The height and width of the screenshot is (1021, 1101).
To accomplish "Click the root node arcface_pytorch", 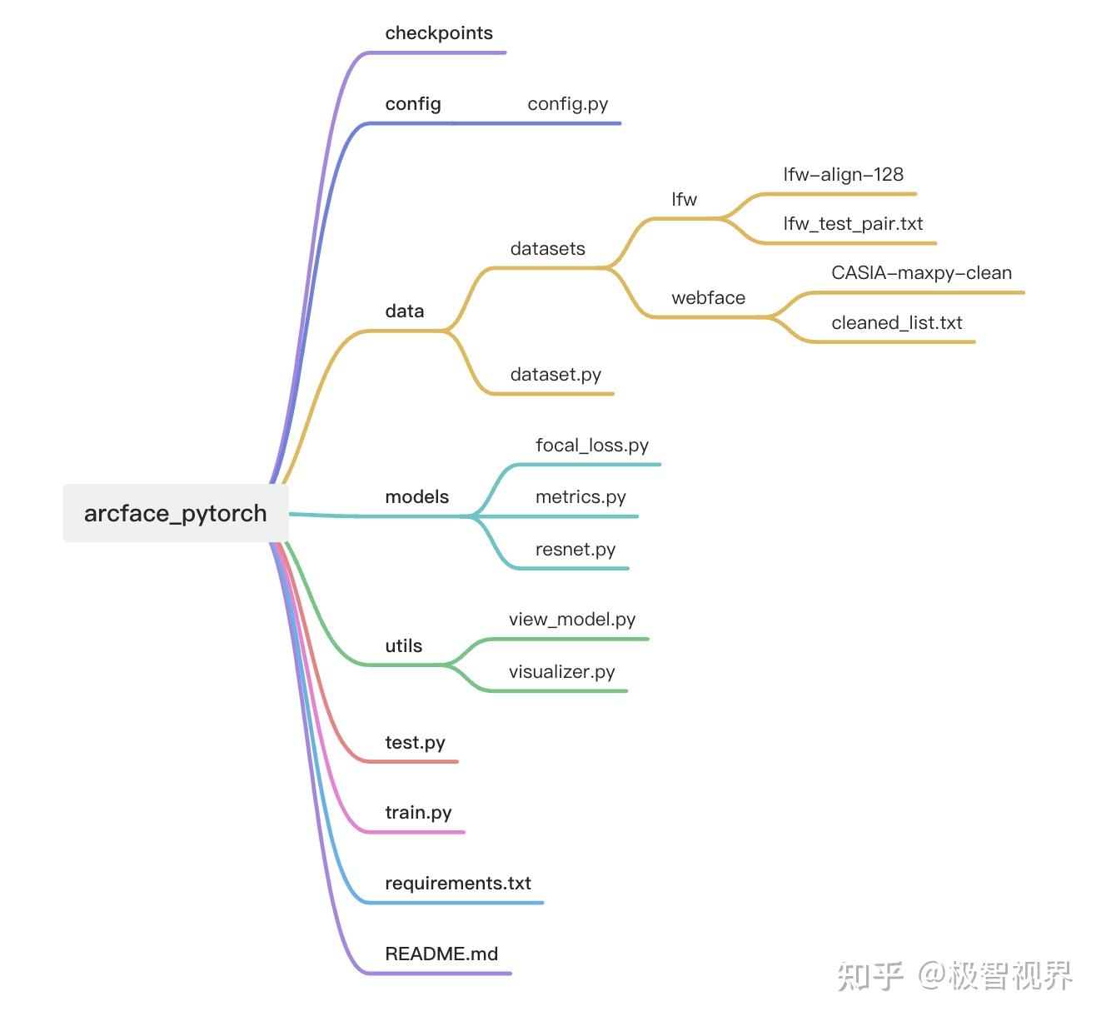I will [x=176, y=513].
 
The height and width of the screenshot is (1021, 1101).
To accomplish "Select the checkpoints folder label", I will [x=439, y=33].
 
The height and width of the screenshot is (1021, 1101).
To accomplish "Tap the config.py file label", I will [x=568, y=104].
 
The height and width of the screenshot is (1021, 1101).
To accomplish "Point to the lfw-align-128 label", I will [x=843, y=175].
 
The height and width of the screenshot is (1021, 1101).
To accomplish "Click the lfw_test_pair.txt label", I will [x=853, y=224].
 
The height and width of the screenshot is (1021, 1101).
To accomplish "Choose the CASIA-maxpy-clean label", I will [x=921, y=273].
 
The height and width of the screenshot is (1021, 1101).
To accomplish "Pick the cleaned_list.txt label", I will [x=896, y=323].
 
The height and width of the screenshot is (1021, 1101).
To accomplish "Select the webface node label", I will [x=708, y=298].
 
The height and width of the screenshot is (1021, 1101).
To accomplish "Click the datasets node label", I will [x=547, y=249].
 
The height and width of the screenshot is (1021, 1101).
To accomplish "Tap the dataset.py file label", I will [x=555, y=375].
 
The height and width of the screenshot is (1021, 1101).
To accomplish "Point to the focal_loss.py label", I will [x=592, y=446].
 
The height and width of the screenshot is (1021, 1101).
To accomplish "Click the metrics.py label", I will [x=580, y=497].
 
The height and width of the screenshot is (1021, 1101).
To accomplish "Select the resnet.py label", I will [x=575, y=550].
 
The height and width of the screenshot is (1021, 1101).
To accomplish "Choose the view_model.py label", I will [x=572, y=620].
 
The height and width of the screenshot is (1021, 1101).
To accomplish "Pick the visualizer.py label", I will [x=562, y=672].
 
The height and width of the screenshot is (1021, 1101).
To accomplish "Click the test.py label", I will [x=415, y=743].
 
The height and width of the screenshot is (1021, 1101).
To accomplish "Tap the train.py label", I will [x=418, y=813].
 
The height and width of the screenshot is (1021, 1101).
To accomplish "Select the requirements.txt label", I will [x=458, y=884].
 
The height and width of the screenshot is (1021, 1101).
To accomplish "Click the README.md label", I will [x=441, y=954].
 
